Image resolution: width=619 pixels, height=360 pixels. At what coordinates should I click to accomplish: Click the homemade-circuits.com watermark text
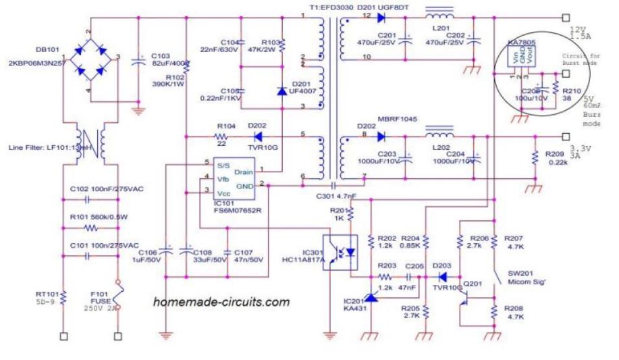(x=221, y=303)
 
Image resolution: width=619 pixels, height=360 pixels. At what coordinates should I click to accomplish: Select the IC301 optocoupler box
(x=342, y=251)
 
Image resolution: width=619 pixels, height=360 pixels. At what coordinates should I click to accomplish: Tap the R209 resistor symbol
(x=534, y=158)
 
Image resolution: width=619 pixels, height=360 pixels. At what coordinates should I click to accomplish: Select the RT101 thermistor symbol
(x=63, y=297)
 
